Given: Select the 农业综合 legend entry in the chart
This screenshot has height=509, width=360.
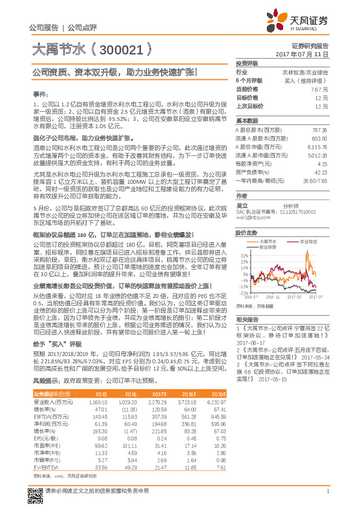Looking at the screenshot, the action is (309, 241).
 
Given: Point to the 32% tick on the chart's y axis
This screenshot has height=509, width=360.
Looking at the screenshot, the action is (244, 255).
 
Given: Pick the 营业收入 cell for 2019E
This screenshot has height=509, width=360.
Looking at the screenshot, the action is (217, 401).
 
